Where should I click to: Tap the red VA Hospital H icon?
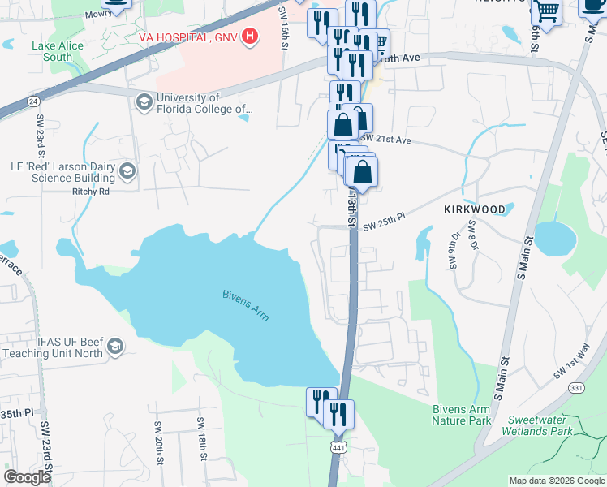coord(250,37)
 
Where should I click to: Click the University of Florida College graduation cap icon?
coord(144,101)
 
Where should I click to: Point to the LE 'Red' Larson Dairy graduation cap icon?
coord(127,170)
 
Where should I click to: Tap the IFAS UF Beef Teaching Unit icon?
coord(115,347)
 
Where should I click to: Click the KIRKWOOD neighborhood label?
coord(475,209)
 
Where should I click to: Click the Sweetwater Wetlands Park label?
coord(545,426)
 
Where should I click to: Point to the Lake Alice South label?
coord(58,51)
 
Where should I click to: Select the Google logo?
coord(27,477)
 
